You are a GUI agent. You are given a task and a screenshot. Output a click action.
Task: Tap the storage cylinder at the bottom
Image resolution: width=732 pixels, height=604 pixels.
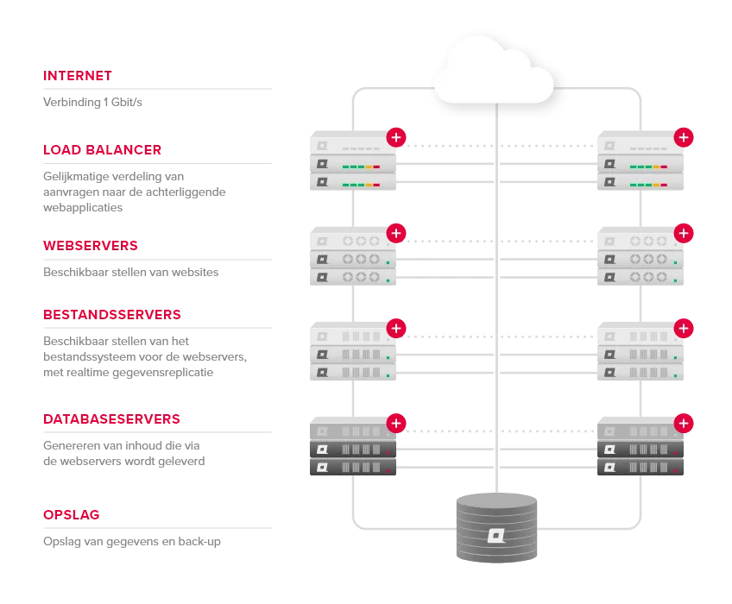(x=496, y=527)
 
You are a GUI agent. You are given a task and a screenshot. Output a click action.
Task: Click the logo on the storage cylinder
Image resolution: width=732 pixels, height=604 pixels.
(x=496, y=536)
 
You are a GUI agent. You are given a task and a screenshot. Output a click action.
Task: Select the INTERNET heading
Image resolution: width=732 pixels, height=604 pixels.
(x=77, y=76)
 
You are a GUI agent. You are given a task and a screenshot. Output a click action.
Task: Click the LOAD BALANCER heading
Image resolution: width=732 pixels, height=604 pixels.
(x=103, y=150)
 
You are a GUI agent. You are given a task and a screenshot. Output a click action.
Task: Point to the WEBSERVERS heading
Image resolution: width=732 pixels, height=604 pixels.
(x=90, y=246)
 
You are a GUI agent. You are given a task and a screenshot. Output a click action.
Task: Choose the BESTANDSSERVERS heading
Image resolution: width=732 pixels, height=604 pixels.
(x=111, y=315)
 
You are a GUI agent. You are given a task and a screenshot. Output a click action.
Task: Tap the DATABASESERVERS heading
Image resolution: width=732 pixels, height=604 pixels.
(x=111, y=420)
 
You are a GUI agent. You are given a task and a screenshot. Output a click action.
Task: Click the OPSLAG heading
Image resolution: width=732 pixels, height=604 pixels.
(x=72, y=515)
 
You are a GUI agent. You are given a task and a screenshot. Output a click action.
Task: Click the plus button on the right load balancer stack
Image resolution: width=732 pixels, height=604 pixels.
(x=684, y=137)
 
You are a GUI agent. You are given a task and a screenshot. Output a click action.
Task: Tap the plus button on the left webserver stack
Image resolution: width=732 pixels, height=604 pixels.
(x=396, y=233)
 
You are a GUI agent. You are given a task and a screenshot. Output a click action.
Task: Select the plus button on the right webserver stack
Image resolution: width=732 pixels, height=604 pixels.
(x=684, y=233)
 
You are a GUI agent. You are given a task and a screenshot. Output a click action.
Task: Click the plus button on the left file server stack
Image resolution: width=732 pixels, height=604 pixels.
(x=396, y=328)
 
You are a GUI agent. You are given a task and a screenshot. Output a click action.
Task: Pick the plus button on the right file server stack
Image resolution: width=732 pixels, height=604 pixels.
(x=684, y=328)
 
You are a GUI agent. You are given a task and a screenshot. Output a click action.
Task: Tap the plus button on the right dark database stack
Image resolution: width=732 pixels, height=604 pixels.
(x=684, y=423)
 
